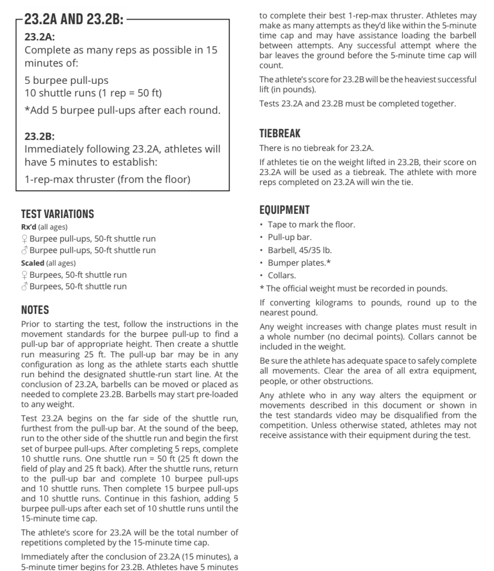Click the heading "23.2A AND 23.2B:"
click(74, 20)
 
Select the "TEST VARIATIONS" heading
click(58, 214)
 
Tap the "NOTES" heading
click(35, 310)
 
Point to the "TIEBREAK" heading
click(280, 133)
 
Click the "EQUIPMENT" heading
click(285, 210)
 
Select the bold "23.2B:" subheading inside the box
click(39, 136)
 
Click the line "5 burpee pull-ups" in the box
click(67, 81)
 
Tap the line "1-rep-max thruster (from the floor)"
click(108, 179)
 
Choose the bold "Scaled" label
click(33, 263)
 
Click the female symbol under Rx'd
click(24, 239)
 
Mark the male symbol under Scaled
click(24, 287)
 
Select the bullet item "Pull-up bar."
click(289, 237)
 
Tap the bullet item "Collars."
click(282, 275)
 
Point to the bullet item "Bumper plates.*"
click(299, 262)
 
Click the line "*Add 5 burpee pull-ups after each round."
click(123, 111)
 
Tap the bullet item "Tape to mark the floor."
click(312, 225)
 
